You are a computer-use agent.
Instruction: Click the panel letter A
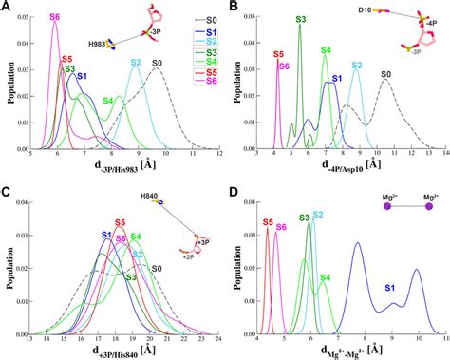(x=7, y=8)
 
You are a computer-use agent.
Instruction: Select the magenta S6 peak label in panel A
(x=54, y=18)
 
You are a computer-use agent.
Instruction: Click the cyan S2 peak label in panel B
(x=356, y=66)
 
